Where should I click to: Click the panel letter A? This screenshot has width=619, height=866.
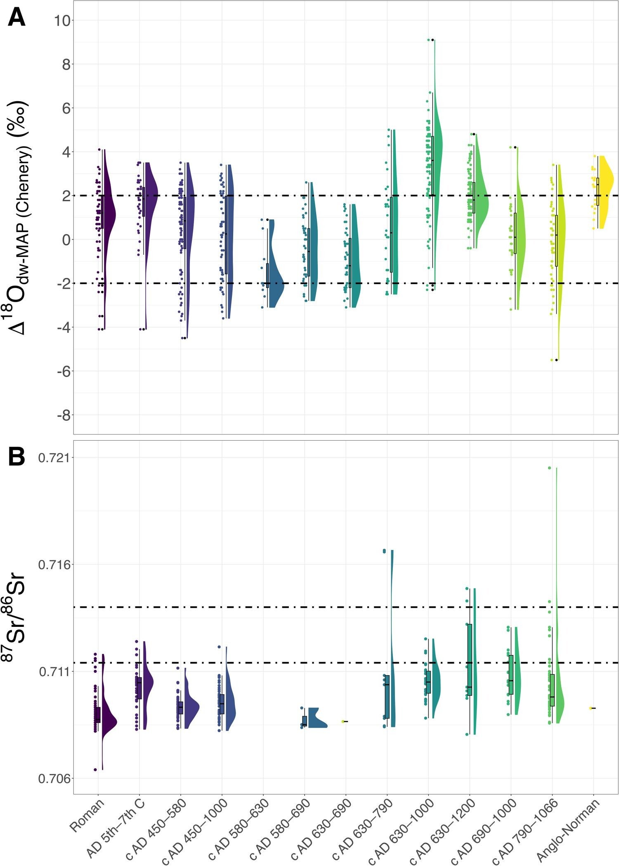coord(17,19)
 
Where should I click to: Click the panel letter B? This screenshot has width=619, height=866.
coord(17,458)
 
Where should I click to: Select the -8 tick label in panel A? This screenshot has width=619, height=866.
coord(64,415)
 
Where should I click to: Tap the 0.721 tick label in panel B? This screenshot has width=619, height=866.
coord(54,458)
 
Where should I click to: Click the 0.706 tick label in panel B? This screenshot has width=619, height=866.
coord(54,778)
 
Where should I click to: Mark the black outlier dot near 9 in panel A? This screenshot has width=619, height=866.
coord(432,40)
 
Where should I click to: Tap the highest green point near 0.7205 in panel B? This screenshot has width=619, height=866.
coord(549,468)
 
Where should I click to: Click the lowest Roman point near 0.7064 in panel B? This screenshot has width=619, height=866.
coord(95,770)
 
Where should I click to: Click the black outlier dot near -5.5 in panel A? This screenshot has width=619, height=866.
coord(556,360)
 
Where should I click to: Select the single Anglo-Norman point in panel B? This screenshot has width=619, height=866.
coord(591,708)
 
